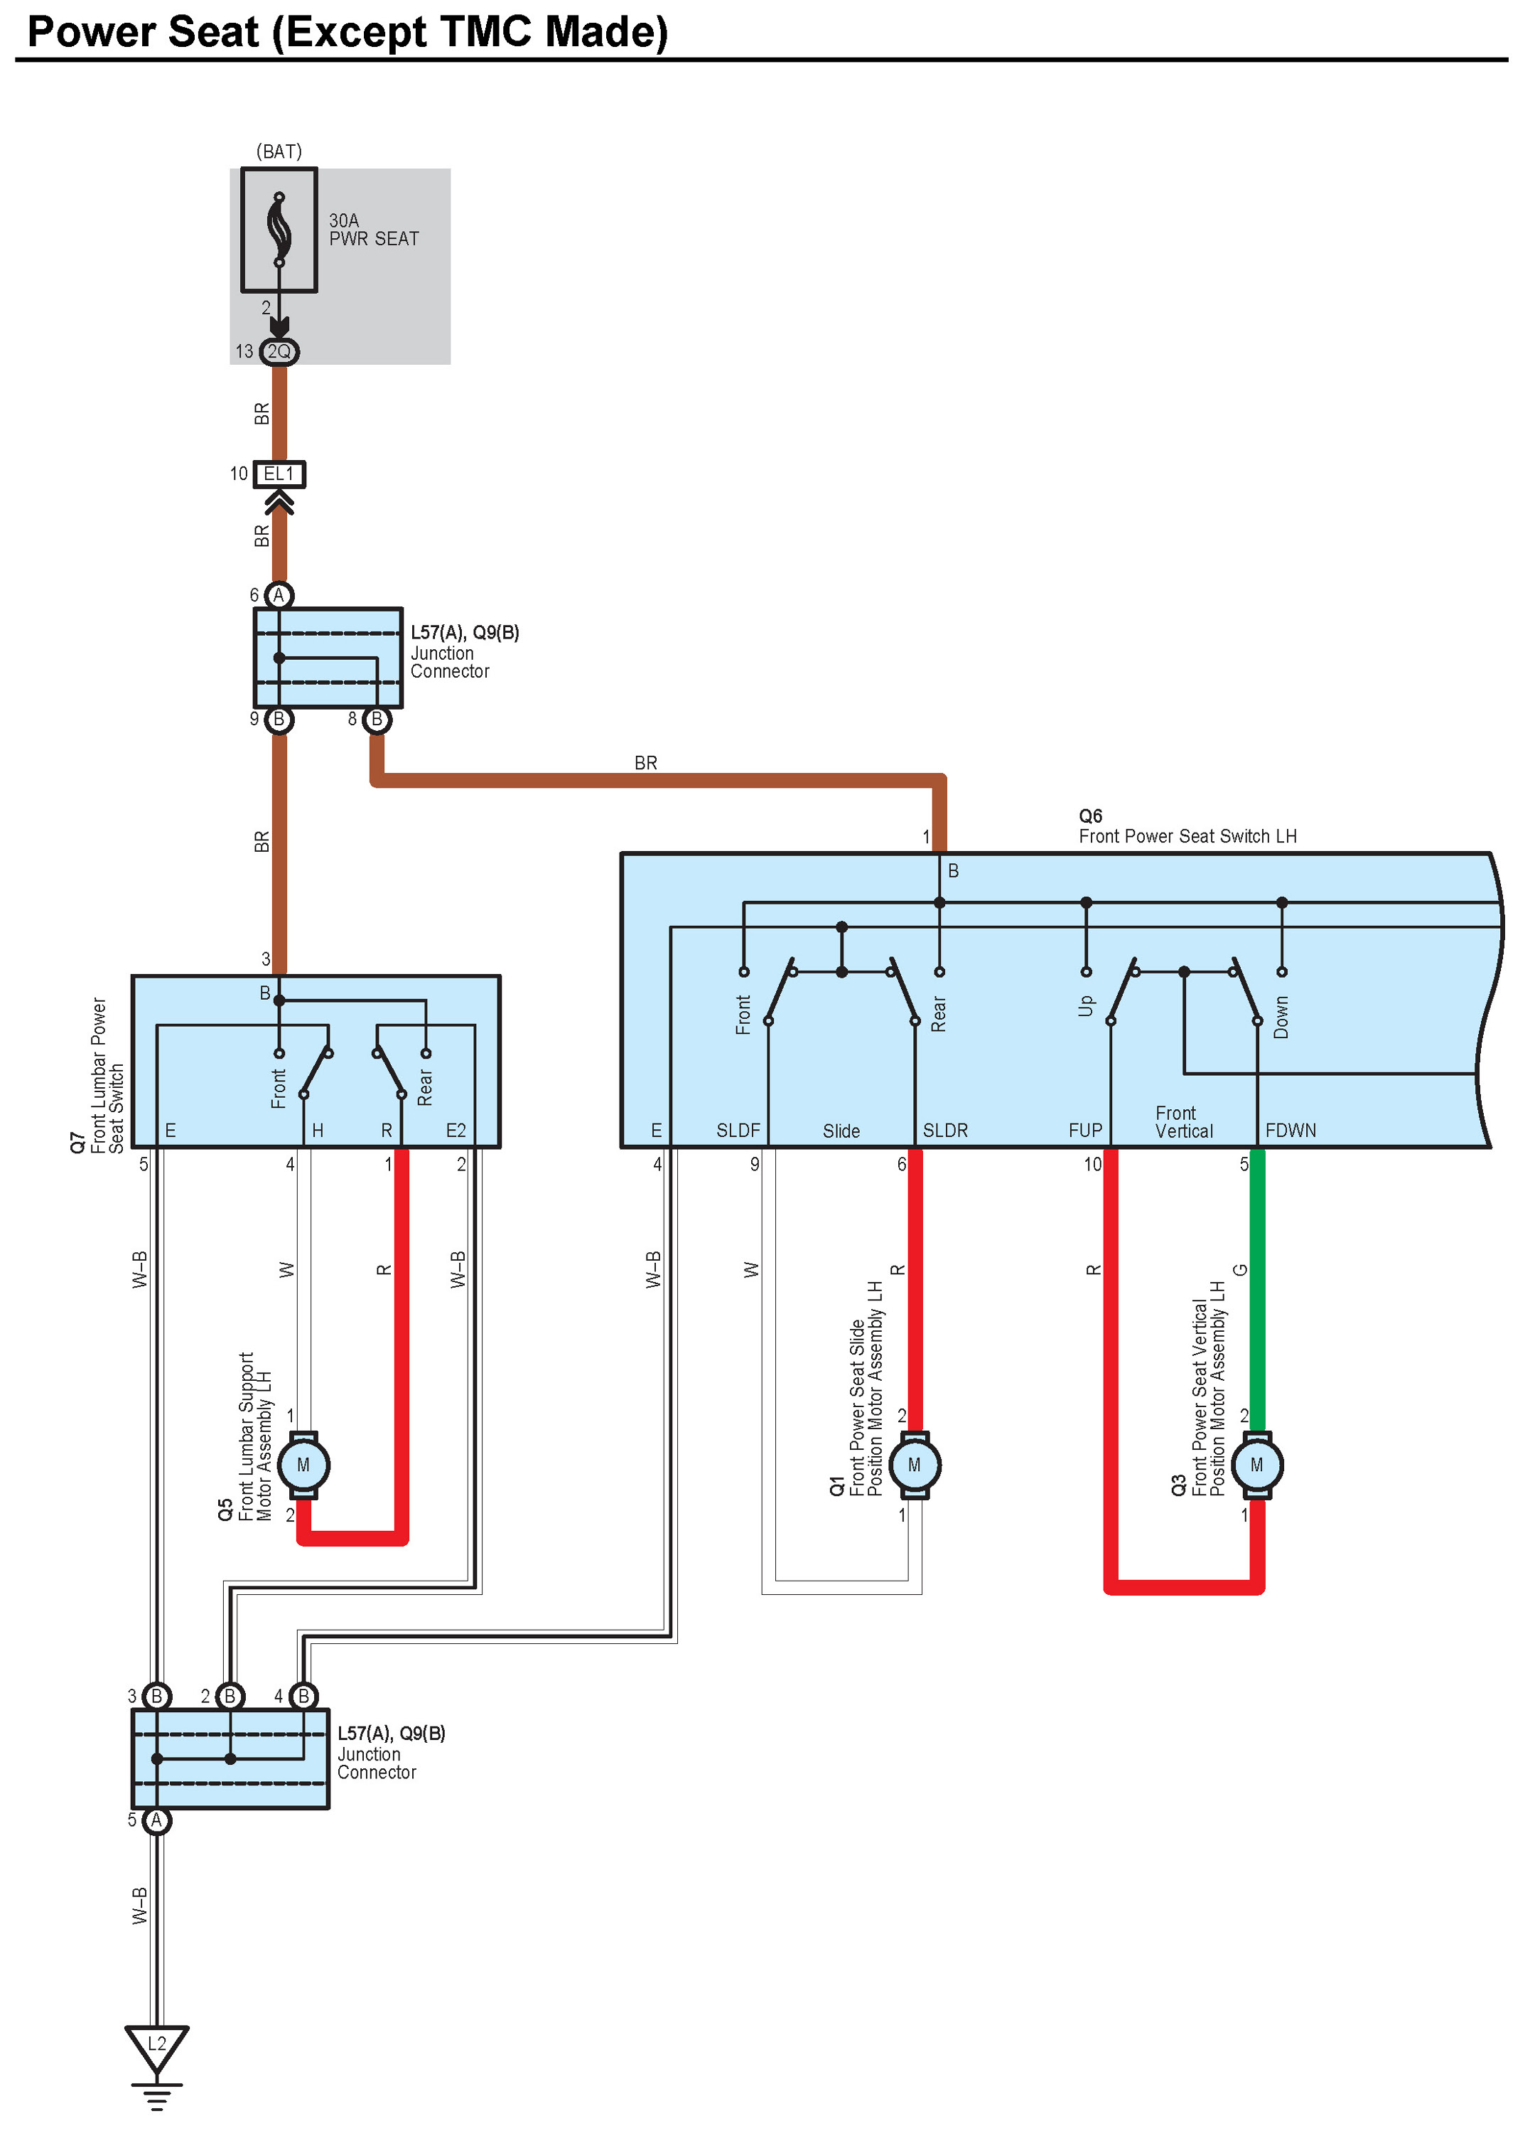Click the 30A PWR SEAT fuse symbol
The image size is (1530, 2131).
[x=279, y=230]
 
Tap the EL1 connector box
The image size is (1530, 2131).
[x=279, y=474]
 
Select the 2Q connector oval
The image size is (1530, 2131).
[x=279, y=351]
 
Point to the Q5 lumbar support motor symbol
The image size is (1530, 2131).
[x=303, y=1465]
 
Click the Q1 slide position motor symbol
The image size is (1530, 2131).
[x=914, y=1465]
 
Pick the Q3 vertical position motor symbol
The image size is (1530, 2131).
[x=1256, y=1465]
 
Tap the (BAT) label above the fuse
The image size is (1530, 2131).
[x=279, y=151]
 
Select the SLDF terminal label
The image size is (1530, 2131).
[x=738, y=1131]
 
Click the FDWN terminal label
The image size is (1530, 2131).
[x=1291, y=1131]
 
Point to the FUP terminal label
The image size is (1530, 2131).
[x=1085, y=1131]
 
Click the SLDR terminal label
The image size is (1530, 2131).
[x=945, y=1131]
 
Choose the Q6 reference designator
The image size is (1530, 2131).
[x=1090, y=816]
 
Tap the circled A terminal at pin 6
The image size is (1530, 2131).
[x=279, y=594]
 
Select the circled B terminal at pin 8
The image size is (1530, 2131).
[x=377, y=720]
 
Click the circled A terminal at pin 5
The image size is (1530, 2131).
[x=157, y=1820]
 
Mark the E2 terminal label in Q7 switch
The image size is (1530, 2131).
[x=456, y=1131]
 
